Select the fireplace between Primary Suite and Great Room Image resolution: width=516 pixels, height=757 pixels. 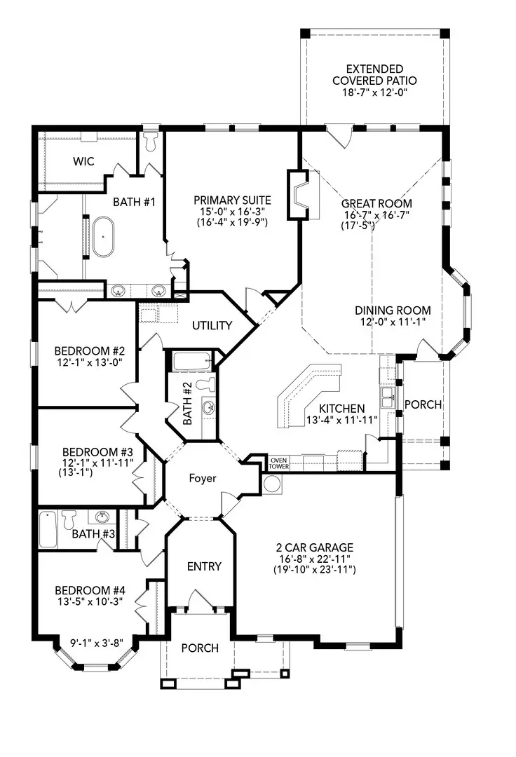pos(298,195)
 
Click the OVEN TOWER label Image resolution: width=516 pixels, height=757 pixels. pos(278,463)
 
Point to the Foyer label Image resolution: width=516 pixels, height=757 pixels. pos(202,478)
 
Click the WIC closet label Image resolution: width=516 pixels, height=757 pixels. pos(83,161)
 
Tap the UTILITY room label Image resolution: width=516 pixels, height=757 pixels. pos(212,325)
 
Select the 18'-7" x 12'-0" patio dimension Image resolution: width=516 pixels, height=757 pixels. pos(375,93)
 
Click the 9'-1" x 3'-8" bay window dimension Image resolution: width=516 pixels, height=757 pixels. pos(97,643)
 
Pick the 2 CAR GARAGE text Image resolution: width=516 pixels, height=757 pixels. pos(315,547)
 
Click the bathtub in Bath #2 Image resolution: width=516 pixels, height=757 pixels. pos(192,361)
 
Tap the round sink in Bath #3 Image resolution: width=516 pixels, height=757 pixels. pos(102,517)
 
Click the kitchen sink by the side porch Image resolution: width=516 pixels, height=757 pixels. pos(388,397)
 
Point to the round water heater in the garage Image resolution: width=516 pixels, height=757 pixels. pos(273,484)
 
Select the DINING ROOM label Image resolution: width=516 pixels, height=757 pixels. pos(393,311)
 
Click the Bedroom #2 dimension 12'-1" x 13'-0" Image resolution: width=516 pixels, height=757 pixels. pos(89,362)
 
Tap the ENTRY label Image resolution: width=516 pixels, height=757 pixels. pos(204,566)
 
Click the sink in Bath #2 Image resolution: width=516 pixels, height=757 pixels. pos(208,407)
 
